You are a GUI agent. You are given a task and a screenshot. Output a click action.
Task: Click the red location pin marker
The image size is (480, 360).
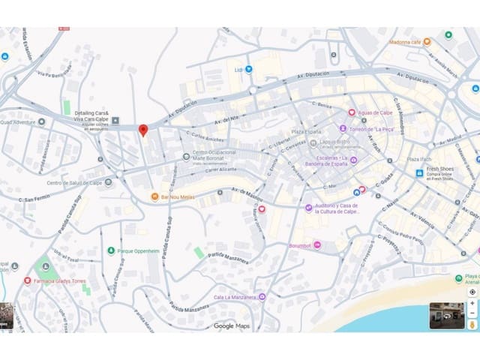(143, 130)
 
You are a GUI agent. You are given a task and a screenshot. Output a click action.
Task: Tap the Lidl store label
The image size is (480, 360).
(239, 70)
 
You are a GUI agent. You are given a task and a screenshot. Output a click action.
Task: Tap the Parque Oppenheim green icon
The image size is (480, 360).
(111, 250)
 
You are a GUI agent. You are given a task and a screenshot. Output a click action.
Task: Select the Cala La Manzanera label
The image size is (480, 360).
(235, 298)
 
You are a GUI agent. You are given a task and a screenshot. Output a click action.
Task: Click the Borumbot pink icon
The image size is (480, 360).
(317, 244)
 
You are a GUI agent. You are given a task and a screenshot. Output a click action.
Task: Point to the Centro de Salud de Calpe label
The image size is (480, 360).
(74, 183)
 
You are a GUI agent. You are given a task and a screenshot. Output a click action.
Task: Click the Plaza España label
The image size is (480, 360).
(306, 131)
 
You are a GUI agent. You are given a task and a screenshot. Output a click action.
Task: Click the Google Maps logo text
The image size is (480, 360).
(232, 325)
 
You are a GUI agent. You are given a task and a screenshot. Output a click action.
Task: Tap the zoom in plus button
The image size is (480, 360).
(472, 304)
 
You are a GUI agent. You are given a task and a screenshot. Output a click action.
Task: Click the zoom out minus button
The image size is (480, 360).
(472, 314)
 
